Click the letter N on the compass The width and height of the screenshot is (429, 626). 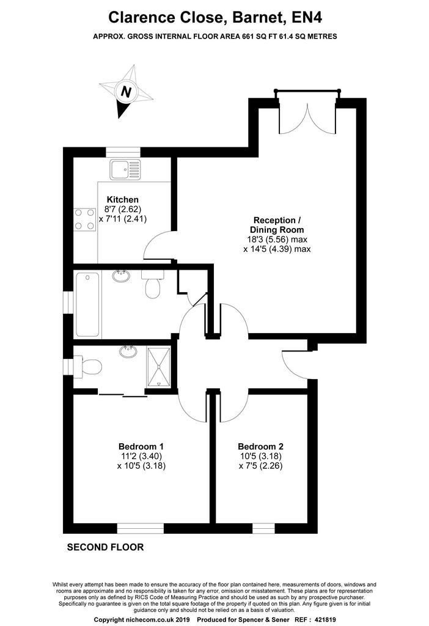(x=126, y=92)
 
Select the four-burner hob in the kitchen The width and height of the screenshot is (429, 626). (x=84, y=219)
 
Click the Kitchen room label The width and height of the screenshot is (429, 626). (x=122, y=200)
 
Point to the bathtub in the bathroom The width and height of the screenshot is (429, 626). (x=87, y=304)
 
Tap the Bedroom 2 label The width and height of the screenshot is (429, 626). (x=260, y=446)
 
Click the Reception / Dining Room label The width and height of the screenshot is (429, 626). (x=277, y=225)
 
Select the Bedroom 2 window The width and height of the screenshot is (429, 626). (x=264, y=528)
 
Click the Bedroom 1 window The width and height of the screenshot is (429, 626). (x=141, y=528)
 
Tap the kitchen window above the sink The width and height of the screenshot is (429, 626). (x=123, y=152)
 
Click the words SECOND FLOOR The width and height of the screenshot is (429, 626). (x=105, y=547)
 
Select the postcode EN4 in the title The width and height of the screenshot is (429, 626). (x=307, y=18)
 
